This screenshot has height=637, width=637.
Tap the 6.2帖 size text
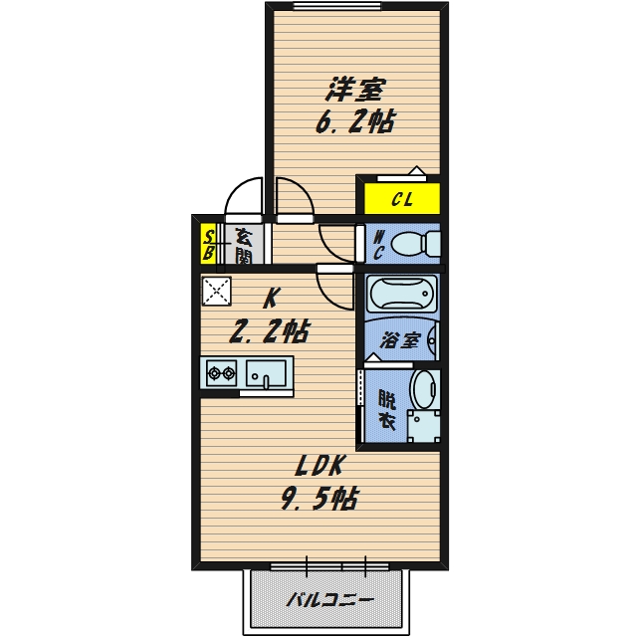[x=355, y=121]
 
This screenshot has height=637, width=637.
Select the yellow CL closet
[x=402, y=199]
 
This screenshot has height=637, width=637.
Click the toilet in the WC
[x=415, y=244]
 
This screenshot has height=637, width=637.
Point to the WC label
[x=378, y=245]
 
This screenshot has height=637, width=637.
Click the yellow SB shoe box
[x=208, y=244]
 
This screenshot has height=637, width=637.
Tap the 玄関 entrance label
[x=244, y=246]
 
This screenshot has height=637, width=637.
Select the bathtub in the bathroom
[x=401, y=293]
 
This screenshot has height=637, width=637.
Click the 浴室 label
[x=400, y=340]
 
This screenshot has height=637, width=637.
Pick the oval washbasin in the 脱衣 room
[x=425, y=389]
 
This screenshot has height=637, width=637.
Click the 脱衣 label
[x=387, y=409]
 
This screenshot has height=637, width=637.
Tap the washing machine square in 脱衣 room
[x=424, y=426]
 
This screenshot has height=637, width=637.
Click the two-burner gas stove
[x=221, y=372]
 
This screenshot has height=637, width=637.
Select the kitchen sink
[x=266, y=373]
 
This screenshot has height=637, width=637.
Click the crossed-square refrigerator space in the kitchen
[x=217, y=291]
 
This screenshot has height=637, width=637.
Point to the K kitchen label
[x=270, y=299]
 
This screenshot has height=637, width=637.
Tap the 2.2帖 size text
[x=270, y=331]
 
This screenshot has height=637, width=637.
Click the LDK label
[x=319, y=465]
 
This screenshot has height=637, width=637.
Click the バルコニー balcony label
[x=329, y=599]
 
